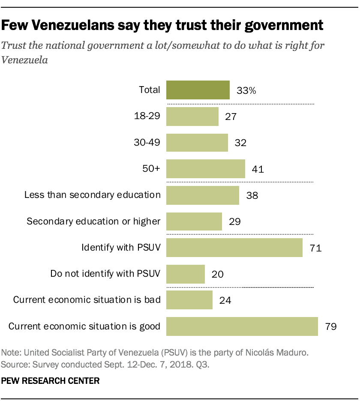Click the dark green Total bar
198,90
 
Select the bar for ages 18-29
192,117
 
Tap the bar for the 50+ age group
205,169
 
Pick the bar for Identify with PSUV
234,248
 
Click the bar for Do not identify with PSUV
185,274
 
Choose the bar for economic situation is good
242,326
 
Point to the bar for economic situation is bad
189,300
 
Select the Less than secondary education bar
202,195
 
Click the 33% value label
246,90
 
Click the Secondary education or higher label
93,221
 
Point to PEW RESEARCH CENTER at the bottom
51,380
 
